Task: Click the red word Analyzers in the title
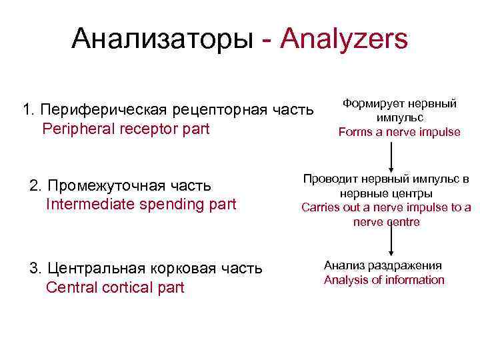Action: [x=344, y=39]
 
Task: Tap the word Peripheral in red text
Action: [x=77, y=128]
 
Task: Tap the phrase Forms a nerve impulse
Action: [x=399, y=132]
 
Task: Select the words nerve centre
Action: [x=386, y=222]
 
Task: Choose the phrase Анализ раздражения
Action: [x=383, y=265]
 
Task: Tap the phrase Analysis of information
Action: [x=384, y=279]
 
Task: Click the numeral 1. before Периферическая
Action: [x=29, y=109]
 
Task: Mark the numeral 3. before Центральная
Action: [x=36, y=268]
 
